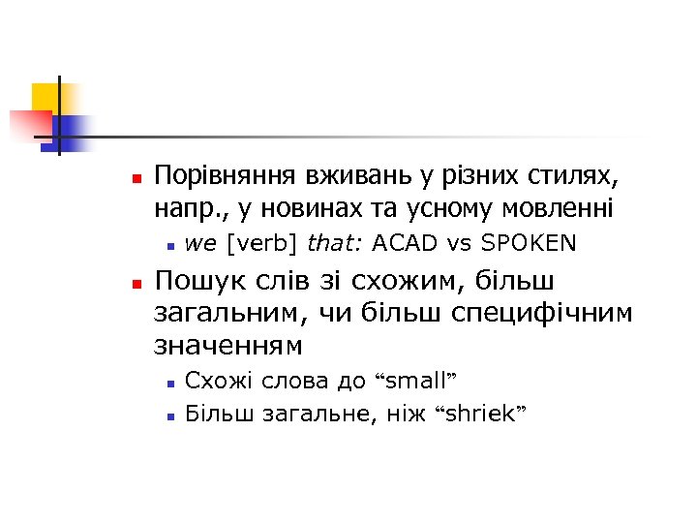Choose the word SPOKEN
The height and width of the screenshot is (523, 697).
[529, 242]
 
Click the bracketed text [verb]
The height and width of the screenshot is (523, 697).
[255, 242]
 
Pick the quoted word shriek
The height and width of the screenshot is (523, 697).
[482, 415]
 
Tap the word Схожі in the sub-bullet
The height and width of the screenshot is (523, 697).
[214, 380]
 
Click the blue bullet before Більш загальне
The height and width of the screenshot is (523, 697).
[168, 416]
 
